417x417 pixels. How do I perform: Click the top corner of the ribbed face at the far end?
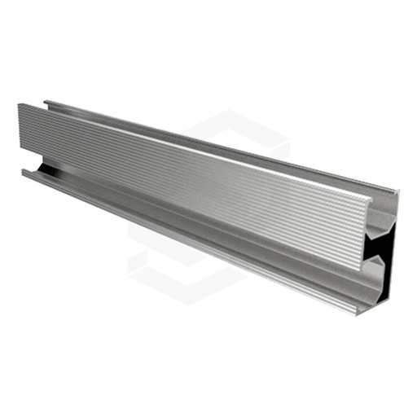20,104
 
